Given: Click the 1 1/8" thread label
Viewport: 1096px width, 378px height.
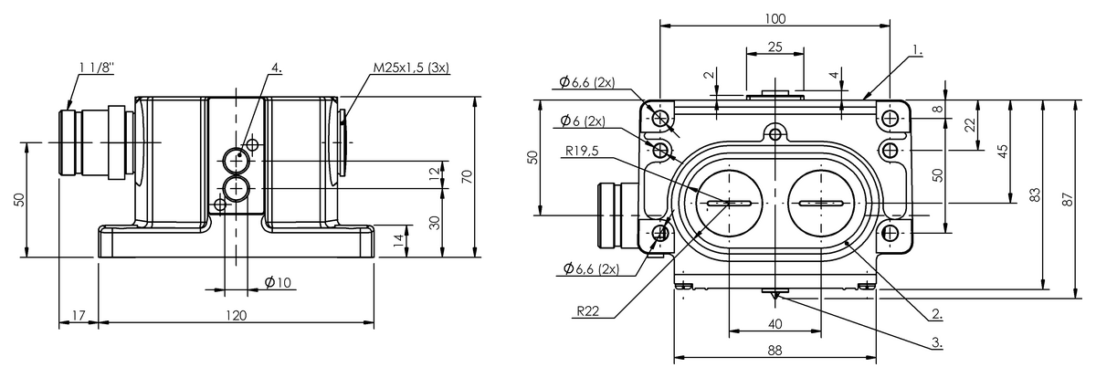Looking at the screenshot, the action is coord(96,68).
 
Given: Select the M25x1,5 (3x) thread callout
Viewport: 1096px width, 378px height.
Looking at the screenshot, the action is coord(411,68).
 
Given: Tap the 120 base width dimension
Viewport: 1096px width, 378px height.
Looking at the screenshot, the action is coord(237,315).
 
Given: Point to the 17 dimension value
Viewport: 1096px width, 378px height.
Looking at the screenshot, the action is coord(79,315).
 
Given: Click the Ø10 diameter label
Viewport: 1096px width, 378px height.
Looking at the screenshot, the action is coord(278,282).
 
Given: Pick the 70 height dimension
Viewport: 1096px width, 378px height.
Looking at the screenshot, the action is coord(467,176).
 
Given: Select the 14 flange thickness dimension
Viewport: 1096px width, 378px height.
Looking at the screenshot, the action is coord(399,240).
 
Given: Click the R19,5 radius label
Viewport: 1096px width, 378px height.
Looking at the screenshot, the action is coord(582,151).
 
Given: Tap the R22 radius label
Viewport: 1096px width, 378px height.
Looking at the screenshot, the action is coord(587,311).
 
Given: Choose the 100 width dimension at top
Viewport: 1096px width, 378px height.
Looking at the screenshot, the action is coord(775,18).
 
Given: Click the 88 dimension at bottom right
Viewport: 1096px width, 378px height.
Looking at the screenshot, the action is coord(775,350).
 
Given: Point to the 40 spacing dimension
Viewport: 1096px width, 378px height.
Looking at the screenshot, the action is coord(775,324).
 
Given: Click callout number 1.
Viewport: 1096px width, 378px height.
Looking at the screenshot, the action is coord(917,50).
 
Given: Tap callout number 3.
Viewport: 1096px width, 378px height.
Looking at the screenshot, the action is coord(937,342).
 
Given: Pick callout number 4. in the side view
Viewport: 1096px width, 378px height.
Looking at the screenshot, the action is coord(277,68).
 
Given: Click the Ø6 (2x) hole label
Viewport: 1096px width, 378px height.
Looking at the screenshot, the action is coord(583,121).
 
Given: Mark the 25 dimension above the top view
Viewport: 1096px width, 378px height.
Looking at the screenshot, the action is coord(775,47).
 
